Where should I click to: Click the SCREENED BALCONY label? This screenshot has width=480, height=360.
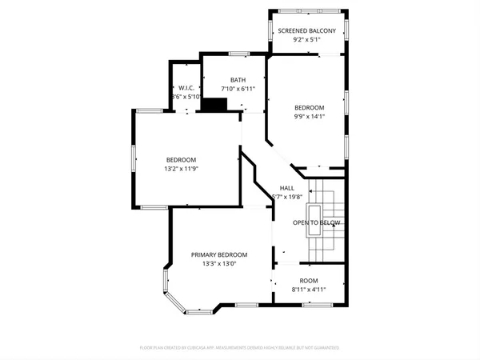307,31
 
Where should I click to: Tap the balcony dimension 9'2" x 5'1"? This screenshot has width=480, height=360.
307,40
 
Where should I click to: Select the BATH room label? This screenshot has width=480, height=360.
238,80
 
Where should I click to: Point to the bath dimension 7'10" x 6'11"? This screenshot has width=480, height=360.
238,89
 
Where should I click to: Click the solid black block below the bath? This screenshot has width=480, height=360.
214,105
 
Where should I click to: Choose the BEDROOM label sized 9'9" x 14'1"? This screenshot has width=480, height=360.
309,108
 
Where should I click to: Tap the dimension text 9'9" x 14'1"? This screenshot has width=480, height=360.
309,117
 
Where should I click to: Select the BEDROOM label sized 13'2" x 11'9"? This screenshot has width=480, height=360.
181,159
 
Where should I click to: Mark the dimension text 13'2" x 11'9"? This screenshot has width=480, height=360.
181,168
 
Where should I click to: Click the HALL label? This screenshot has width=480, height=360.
286,188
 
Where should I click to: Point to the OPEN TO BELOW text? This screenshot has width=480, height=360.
317,222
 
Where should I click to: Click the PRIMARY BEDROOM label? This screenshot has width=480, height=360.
218,254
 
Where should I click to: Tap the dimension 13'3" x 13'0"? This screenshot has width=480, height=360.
218,263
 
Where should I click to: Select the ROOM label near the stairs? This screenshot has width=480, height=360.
309,281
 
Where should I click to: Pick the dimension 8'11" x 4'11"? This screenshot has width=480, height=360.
309,290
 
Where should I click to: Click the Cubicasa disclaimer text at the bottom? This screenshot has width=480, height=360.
240,348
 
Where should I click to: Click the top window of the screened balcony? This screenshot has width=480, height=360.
307,12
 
